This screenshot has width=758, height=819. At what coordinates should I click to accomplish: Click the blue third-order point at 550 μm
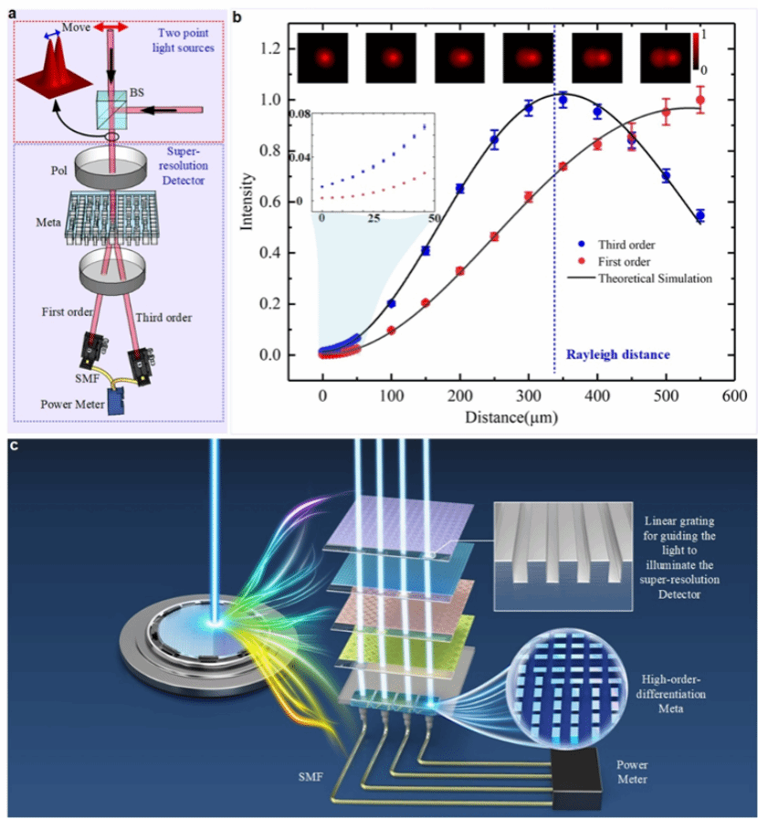coord(700,215)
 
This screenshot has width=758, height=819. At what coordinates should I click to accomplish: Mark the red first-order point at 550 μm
coord(700,100)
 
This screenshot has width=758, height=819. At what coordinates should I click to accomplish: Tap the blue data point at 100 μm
coord(392,303)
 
